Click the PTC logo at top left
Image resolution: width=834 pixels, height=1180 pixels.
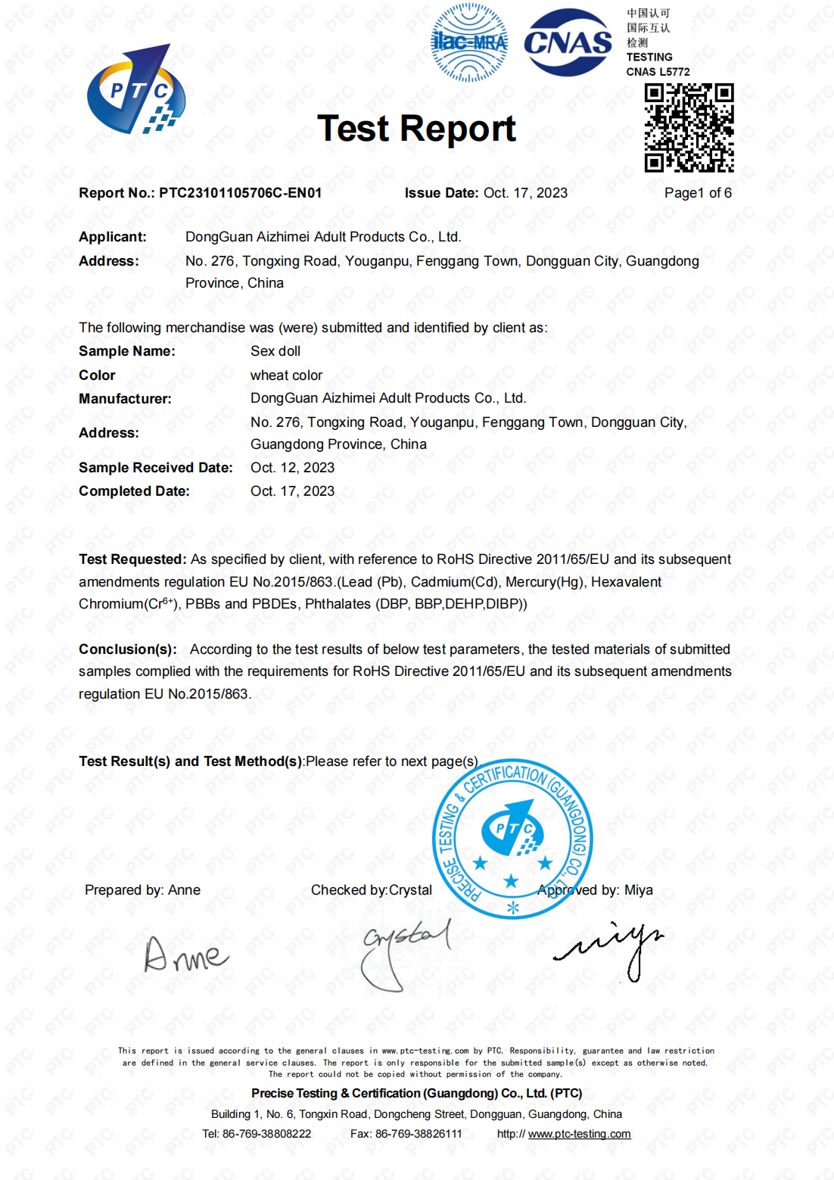click(x=136, y=92)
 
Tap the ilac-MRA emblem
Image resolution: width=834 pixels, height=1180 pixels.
click(x=469, y=42)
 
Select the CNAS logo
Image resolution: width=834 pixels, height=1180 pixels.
click(x=568, y=42)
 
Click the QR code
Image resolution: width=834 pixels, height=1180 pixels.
click(x=689, y=128)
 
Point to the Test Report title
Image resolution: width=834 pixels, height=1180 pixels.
click(x=416, y=129)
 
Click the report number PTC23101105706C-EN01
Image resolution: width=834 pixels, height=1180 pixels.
click(x=240, y=193)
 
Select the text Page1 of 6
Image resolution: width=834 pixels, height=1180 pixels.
click(x=698, y=193)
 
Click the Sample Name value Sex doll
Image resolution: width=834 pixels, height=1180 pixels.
click(x=275, y=351)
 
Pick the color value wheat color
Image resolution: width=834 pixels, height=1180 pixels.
click(x=286, y=375)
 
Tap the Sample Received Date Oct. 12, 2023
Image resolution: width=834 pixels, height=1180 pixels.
click(x=292, y=468)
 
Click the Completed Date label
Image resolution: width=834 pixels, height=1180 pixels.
click(x=134, y=491)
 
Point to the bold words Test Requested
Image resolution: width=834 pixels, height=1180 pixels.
click(x=132, y=559)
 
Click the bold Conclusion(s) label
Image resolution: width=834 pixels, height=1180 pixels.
click(x=127, y=649)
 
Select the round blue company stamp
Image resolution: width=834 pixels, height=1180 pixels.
click(x=512, y=839)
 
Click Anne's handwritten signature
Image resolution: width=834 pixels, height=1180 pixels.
click(x=185, y=955)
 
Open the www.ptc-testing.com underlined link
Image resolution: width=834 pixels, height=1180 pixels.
click(x=579, y=1134)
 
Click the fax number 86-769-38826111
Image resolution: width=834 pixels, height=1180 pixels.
click(x=419, y=1134)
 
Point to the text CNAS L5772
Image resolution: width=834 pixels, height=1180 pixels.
click(x=658, y=72)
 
